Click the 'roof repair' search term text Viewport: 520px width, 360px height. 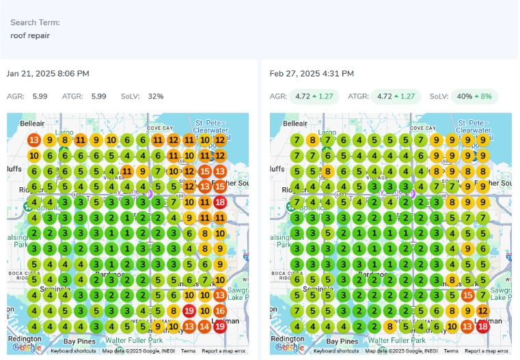pyautogui.click(x=30, y=36)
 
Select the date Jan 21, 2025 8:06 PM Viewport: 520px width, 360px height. pyautogui.click(x=48, y=74)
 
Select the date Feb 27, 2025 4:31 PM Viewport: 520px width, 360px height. pyautogui.click(x=312, y=74)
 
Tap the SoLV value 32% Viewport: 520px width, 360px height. pyautogui.click(x=156, y=96)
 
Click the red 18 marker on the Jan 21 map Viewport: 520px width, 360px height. pyautogui.click(x=220, y=202)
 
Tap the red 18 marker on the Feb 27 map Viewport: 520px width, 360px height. pyautogui.click(x=483, y=327)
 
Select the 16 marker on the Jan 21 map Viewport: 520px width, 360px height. pyautogui.click(x=220, y=311)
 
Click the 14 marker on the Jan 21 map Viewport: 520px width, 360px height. pyautogui.click(x=204, y=327)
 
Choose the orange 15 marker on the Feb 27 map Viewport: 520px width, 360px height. pyautogui.click(x=467, y=295)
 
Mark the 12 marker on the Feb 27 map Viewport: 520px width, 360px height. pyautogui.click(x=483, y=311)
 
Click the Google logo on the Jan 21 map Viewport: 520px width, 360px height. pyautogui.click(x=27, y=348)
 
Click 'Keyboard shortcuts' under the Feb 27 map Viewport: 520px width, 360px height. pyautogui.click(x=336, y=351)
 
